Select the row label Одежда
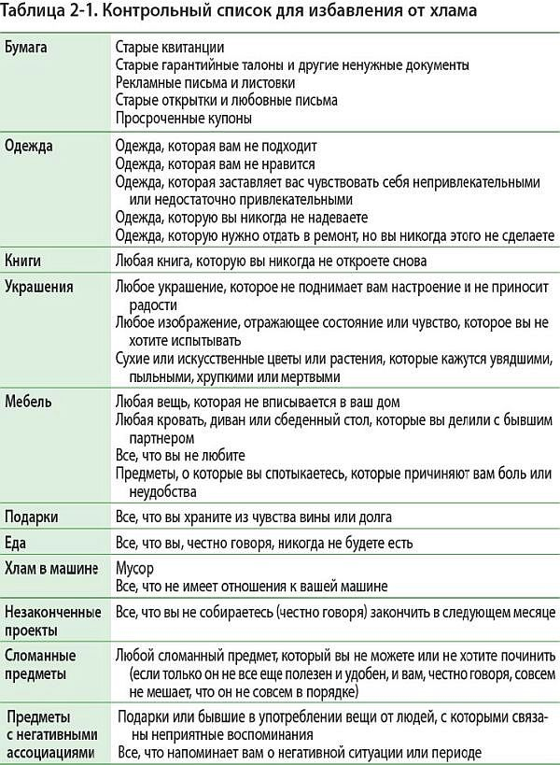coord(29,147)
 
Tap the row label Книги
coord(24,261)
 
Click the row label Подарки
coord(32,517)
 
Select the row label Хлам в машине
coord(51,567)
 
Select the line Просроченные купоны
coord(184,118)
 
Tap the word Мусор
coord(134,567)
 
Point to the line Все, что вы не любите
coord(180,456)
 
